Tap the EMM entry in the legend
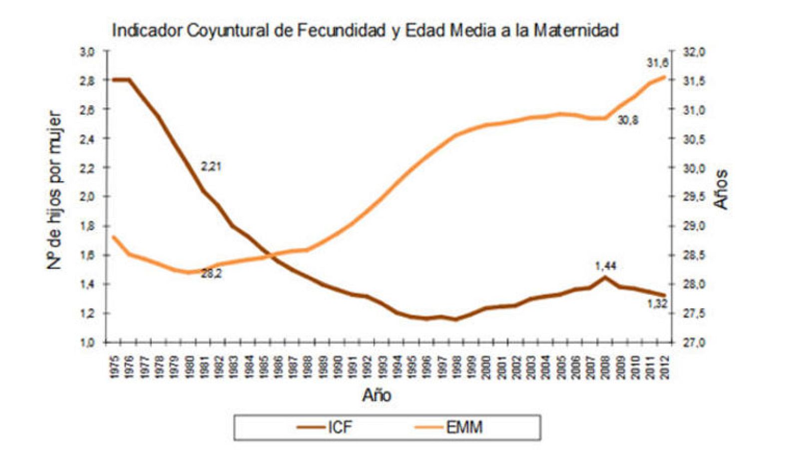(464, 428)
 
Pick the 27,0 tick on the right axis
(694, 343)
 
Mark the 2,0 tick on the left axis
(87, 197)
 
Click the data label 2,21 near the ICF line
(211, 167)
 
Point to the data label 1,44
(605, 266)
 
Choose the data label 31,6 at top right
(657, 63)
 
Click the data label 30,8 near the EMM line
(628, 120)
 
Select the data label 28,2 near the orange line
(211, 274)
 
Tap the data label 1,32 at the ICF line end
(657, 304)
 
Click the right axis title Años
(721, 189)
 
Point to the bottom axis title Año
(377, 396)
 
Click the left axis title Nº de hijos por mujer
(54, 190)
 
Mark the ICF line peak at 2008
(605, 277)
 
